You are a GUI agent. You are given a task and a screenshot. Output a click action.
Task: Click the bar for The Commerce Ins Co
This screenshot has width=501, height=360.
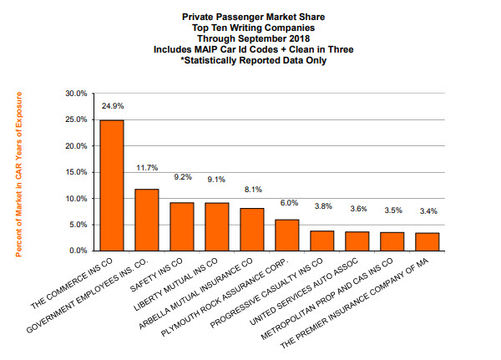click(x=112, y=185)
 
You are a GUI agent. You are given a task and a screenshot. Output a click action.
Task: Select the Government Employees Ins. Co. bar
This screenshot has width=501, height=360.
click(x=147, y=220)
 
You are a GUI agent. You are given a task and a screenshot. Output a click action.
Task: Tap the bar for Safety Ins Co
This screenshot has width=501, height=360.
click(x=182, y=226)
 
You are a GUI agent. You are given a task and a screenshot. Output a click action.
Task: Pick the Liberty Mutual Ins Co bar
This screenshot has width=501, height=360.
click(x=217, y=226)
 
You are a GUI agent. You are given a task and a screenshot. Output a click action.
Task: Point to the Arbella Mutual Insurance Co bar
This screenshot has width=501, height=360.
click(x=252, y=229)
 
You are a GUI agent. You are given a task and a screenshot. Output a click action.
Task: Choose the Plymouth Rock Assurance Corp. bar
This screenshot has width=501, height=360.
click(x=287, y=235)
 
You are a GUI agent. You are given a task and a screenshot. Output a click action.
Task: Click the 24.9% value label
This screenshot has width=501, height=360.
click(x=112, y=107)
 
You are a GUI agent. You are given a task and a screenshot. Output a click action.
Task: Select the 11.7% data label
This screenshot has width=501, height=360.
click(x=147, y=168)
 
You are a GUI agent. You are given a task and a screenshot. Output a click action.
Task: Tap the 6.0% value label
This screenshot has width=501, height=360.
click(x=287, y=202)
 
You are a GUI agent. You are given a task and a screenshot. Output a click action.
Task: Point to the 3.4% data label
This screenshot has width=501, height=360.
click(x=428, y=211)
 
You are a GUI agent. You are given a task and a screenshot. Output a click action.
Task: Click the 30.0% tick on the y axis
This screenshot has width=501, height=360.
click(x=74, y=94)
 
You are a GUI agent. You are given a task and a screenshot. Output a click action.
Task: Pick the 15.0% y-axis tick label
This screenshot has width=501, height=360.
click(x=74, y=173)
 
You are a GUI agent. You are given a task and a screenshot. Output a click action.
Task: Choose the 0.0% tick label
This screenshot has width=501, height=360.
click(x=77, y=251)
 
